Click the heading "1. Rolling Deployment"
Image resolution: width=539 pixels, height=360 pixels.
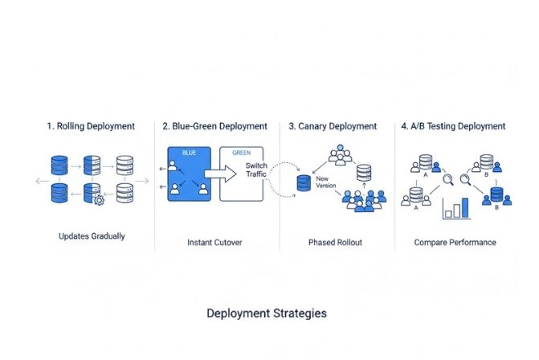point(90,126)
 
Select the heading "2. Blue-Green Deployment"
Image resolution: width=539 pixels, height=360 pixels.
point(214,126)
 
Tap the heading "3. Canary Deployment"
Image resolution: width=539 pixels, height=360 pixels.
point(333,126)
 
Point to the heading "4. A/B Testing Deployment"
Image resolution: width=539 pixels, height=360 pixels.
point(454,126)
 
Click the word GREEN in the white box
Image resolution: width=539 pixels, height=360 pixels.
point(241,152)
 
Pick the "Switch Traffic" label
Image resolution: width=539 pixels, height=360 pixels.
point(256,170)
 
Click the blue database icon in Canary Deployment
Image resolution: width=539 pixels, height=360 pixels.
point(304,182)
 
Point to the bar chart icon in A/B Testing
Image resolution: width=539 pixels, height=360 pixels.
point(456,208)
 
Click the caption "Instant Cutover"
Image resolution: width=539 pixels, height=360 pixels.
point(214,242)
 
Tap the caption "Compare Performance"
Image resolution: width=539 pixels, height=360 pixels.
point(455,242)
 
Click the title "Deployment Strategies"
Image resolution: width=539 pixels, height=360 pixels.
point(267,313)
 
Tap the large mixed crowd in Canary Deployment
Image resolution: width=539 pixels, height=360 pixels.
point(366,201)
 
